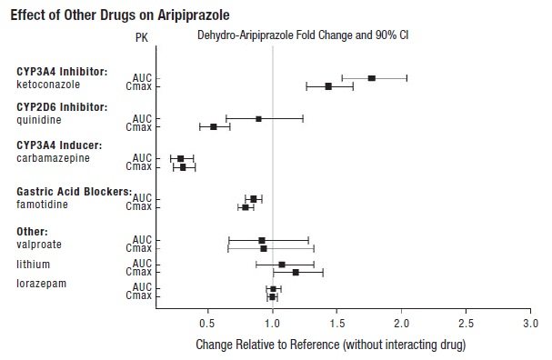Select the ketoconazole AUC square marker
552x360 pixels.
(x=371, y=78)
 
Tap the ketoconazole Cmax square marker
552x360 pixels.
(x=328, y=86)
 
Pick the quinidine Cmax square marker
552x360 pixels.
(x=214, y=126)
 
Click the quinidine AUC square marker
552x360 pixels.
(x=258, y=118)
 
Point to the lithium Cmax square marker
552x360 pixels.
(x=296, y=272)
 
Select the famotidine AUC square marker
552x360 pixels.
(x=254, y=198)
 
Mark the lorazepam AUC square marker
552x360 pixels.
(x=273, y=289)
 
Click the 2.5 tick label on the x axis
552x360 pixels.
(x=466, y=324)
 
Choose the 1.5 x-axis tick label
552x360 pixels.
(x=336, y=324)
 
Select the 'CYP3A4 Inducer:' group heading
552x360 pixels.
(x=59, y=145)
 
